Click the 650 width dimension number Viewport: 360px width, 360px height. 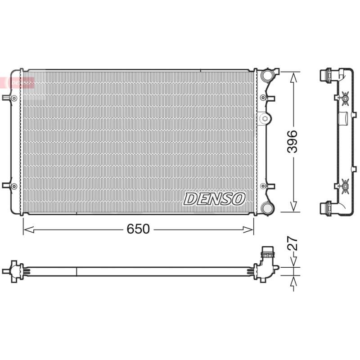(x=138, y=229)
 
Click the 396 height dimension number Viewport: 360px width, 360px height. (x=292, y=141)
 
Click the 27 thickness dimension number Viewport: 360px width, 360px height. (x=293, y=243)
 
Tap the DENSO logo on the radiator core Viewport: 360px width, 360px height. (x=214, y=199)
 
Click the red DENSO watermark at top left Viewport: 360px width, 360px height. (x=17, y=82)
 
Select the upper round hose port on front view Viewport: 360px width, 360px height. (x=267, y=75)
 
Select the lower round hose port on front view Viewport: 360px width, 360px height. (x=267, y=208)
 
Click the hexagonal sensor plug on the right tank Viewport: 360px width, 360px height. (x=264, y=118)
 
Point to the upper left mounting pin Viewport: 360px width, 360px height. (x=9, y=98)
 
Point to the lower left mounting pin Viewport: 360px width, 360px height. (x=9, y=186)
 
